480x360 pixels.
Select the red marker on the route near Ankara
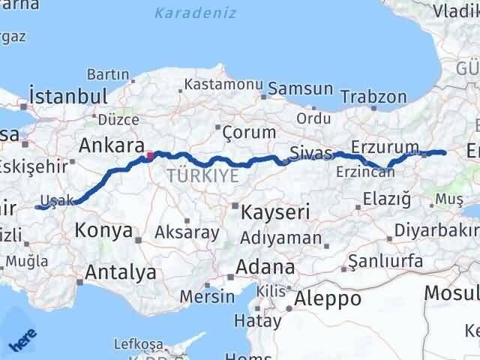click(x=150, y=156)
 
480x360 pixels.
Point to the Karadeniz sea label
click(x=195, y=13)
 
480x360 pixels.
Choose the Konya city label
click(x=104, y=230)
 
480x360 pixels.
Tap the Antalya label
click(x=121, y=271)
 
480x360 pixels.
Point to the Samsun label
click(x=301, y=88)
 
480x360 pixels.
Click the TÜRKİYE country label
click(x=203, y=175)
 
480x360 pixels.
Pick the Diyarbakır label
click(x=438, y=229)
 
